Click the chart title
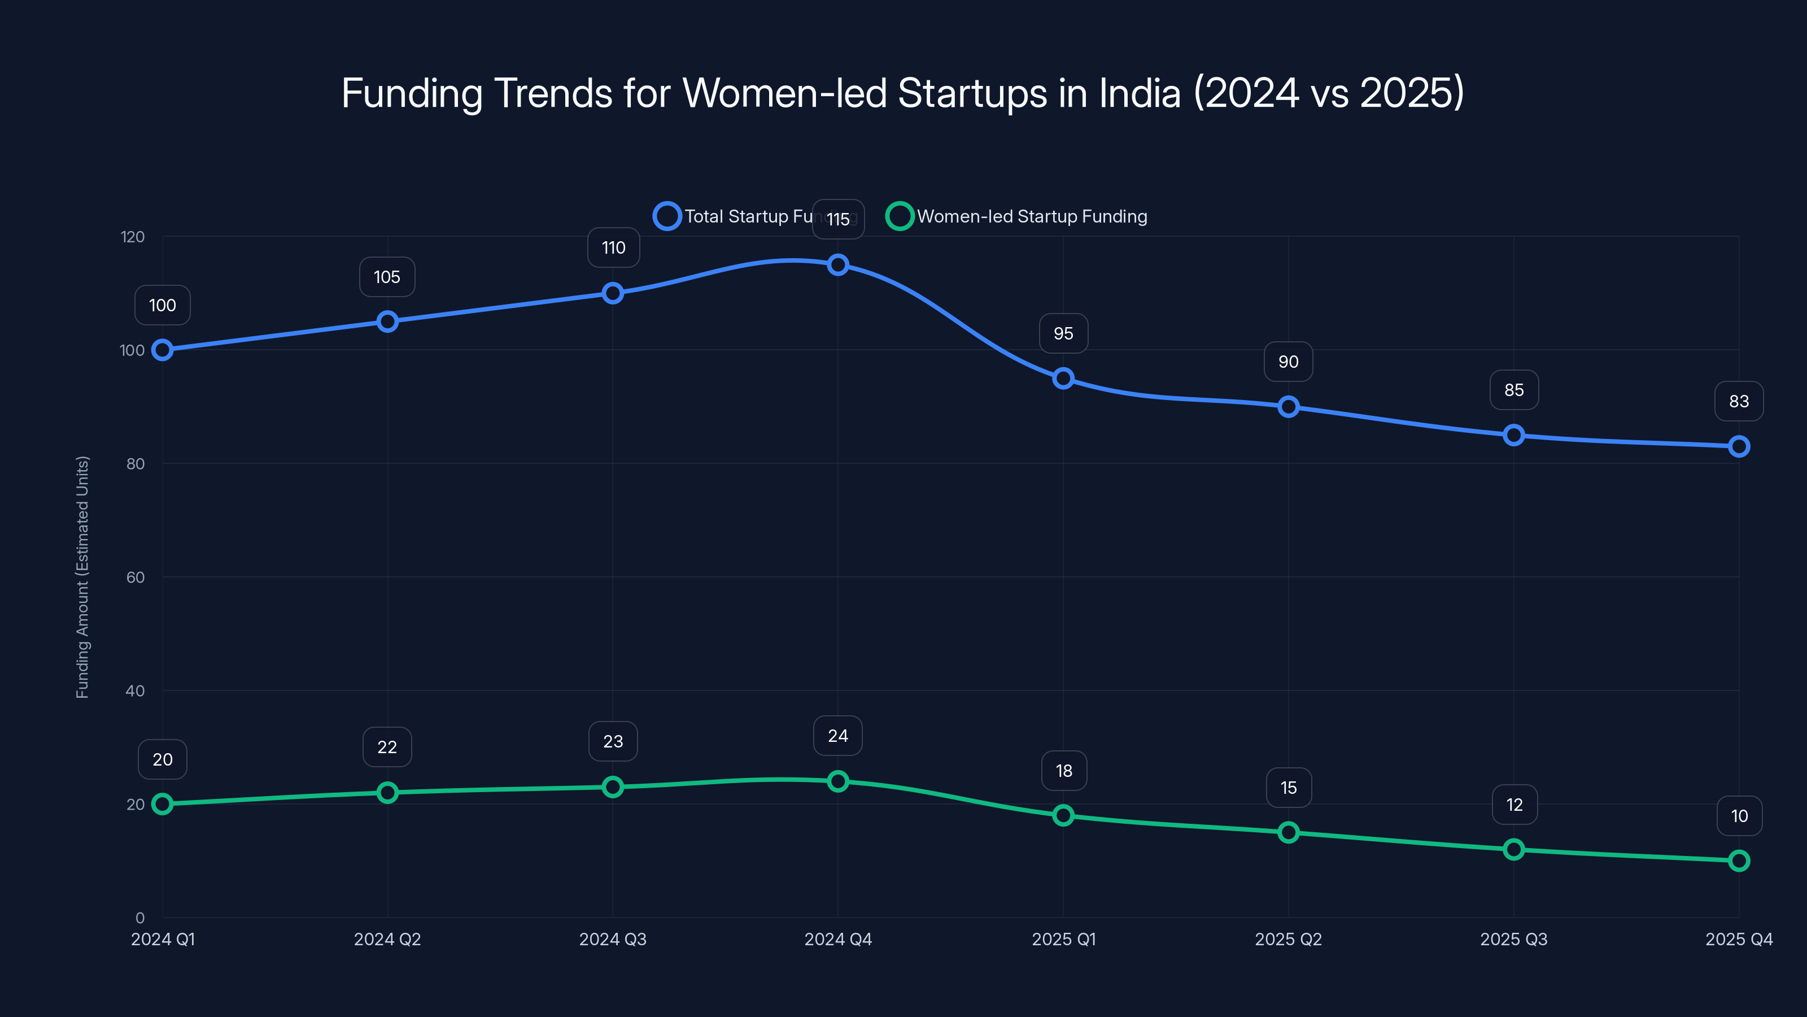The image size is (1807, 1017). click(x=903, y=93)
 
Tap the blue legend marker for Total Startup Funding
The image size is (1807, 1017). click(x=666, y=216)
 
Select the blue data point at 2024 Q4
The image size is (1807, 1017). click(x=837, y=264)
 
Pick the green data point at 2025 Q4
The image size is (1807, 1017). click(x=1738, y=860)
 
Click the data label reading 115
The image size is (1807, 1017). click(x=837, y=220)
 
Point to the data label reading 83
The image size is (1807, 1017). click(x=1738, y=402)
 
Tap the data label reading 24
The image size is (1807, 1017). click(x=837, y=736)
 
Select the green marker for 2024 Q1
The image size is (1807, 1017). click(x=162, y=803)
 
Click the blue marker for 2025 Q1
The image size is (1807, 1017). click(x=1063, y=379)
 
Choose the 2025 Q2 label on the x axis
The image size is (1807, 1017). click(x=1288, y=939)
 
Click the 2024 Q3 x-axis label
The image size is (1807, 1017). click(x=612, y=939)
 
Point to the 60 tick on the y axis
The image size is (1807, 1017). click(x=136, y=577)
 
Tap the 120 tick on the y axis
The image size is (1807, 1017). click(x=133, y=237)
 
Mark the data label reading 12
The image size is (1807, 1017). click(x=1514, y=805)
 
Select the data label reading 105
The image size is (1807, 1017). click(x=386, y=277)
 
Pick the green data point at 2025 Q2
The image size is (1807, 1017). click(x=1288, y=832)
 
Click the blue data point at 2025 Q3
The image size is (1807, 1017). click(x=1514, y=435)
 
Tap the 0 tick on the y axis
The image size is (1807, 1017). click(x=139, y=918)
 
